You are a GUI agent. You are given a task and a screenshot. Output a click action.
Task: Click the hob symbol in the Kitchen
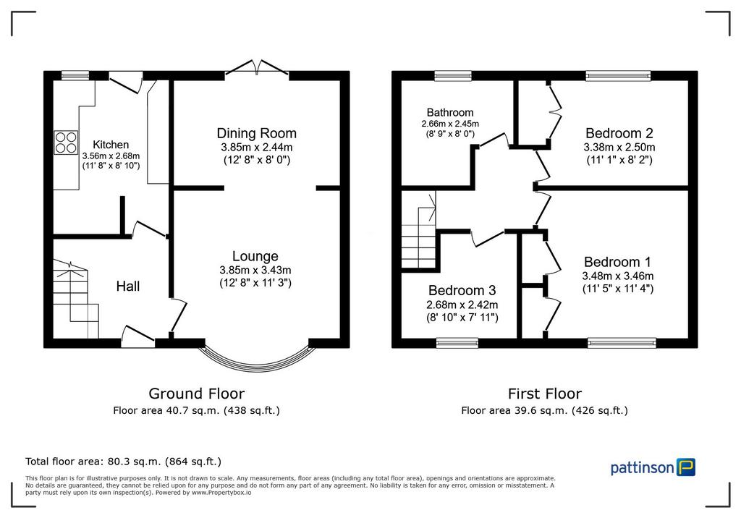pyautogui.click(x=66, y=143)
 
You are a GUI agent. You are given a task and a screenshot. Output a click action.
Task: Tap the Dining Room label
pyautogui.click(x=257, y=133)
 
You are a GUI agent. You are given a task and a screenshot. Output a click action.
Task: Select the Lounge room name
pyautogui.click(x=255, y=256)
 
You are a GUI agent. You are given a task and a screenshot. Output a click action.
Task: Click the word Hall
pyautogui.click(x=128, y=286)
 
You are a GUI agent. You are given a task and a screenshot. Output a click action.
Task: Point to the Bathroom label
pyautogui.click(x=450, y=112)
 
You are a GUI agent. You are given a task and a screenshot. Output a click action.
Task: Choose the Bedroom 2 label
pyautogui.click(x=619, y=133)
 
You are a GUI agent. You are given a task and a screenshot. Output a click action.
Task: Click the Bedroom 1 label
pyautogui.click(x=618, y=262)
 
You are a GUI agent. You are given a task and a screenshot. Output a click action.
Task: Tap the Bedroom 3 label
pyautogui.click(x=462, y=290)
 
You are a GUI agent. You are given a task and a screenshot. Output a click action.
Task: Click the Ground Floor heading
pyautogui.click(x=197, y=394)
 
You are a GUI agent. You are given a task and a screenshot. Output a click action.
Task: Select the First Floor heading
pyautogui.click(x=545, y=394)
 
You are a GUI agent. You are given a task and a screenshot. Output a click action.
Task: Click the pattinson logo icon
pyautogui.click(x=686, y=467)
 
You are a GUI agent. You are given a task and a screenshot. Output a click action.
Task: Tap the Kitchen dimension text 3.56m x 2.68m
pyautogui.click(x=111, y=156)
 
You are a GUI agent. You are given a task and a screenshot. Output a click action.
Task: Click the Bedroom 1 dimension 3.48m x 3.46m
pyautogui.click(x=618, y=276)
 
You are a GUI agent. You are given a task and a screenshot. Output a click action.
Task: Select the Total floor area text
pyautogui.click(x=123, y=462)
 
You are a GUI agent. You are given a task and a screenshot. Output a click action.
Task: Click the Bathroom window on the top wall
pyautogui.click(x=453, y=76)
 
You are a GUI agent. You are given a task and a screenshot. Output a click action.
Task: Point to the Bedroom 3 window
pyautogui.click(x=457, y=343)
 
